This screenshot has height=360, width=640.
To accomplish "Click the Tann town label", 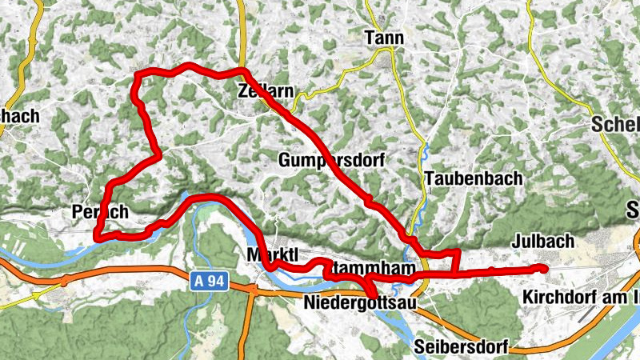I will click(x=384, y=38).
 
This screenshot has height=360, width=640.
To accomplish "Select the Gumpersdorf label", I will click(x=332, y=160).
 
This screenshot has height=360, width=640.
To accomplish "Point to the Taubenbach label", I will click(x=474, y=178).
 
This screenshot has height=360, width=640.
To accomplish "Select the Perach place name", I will click(x=100, y=214).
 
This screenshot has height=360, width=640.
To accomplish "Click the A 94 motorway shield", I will click(x=210, y=282).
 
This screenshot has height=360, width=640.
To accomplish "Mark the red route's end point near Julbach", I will click(x=544, y=268).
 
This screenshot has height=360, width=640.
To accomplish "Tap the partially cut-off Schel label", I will click(x=617, y=125).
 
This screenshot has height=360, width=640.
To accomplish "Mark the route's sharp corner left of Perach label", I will click(x=96, y=236).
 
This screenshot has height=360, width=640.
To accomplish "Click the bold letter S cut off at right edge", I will click(x=630, y=212).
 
